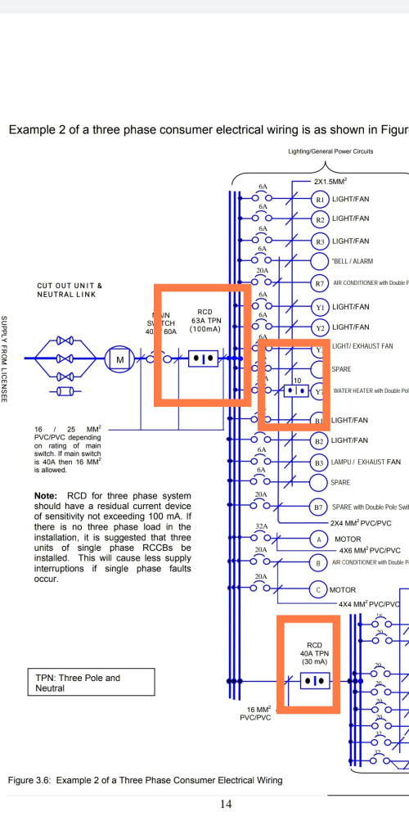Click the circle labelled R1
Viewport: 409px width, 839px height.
pyautogui.click(x=321, y=199)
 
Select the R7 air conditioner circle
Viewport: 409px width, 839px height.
pyautogui.click(x=321, y=283)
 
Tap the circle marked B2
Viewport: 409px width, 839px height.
pyautogui.click(x=321, y=441)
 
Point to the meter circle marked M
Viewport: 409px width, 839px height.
pyautogui.click(x=120, y=359)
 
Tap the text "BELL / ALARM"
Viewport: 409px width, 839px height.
pyautogui.click(x=353, y=262)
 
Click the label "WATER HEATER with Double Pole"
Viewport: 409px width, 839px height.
pyautogui.click(x=369, y=390)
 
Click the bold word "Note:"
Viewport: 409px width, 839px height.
pyautogui.click(x=46, y=496)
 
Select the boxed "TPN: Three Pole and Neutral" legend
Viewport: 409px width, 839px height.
pyautogui.click(x=78, y=683)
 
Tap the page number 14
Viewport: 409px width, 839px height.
pyautogui.click(x=227, y=804)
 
